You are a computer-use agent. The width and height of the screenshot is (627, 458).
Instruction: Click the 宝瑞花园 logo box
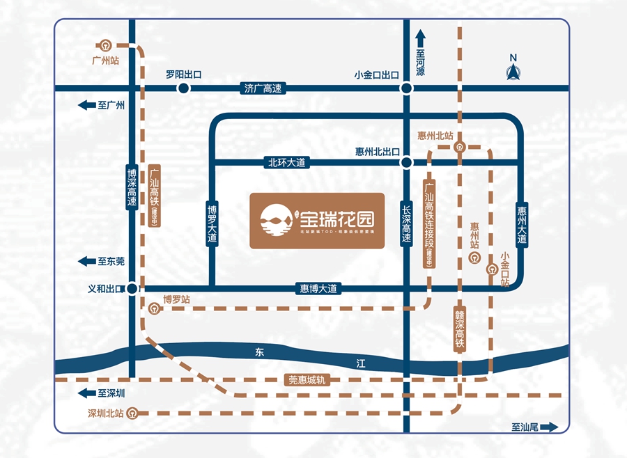coord(317,221)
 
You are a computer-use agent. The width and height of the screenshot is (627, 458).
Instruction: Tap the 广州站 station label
coord(106,61)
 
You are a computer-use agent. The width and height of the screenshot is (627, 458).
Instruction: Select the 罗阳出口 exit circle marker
coord(183,88)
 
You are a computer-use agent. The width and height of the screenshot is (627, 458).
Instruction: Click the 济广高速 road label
coord(263,88)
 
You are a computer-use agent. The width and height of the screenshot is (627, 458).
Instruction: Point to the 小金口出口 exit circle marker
coord(405,88)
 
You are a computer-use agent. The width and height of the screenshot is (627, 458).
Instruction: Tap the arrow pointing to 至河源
coord(420,36)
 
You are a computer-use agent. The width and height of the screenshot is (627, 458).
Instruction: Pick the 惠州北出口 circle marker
coord(405,163)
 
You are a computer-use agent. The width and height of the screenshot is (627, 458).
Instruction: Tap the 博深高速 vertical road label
coord(132,187)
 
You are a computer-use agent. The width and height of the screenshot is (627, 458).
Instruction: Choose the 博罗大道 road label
coord(212,223)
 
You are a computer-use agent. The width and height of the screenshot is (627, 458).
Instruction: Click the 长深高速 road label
coord(406,223)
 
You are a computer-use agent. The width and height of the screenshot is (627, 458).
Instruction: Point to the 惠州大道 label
coord(522,223)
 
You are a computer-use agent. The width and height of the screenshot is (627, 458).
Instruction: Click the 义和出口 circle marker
coord(132,288)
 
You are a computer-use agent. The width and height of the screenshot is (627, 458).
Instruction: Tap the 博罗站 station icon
coord(153,309)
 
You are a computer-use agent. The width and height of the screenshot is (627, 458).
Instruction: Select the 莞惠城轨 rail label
coord(307,380)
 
